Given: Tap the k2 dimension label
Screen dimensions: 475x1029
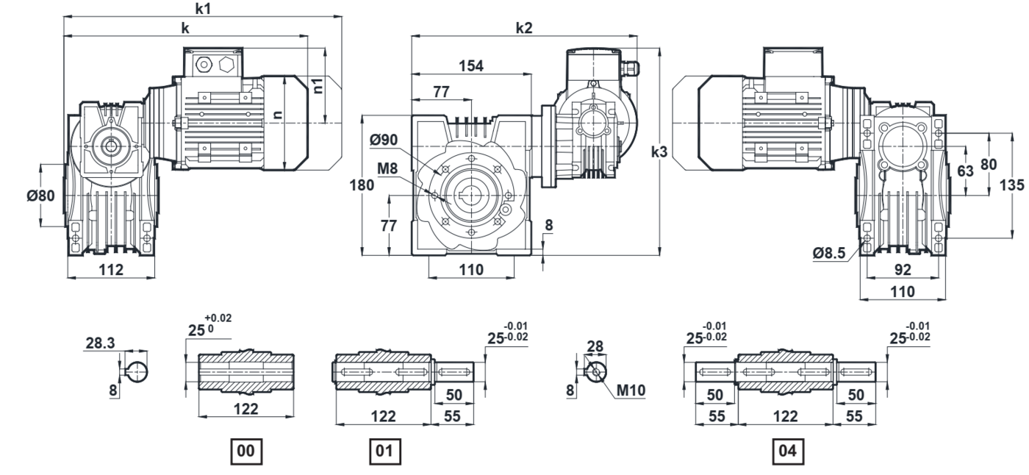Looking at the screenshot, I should tap(523, 27).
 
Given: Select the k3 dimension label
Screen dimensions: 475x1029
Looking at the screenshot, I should tap(659, 152).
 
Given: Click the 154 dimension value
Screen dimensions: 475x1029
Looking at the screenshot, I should tap(471, 66).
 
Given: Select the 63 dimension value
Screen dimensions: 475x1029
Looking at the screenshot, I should tap(965, 171).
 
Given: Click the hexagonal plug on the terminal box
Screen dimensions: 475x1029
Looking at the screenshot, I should tap(225, 64).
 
